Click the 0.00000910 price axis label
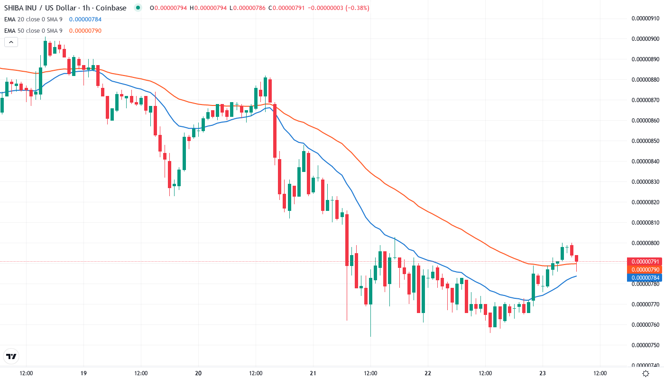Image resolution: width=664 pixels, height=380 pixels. tap(646, 19)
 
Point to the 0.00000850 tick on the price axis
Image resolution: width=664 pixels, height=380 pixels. tap(646, 141)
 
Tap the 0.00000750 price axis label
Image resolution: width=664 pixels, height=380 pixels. tap(646, 345)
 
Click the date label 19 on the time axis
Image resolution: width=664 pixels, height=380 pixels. tap(83, 373)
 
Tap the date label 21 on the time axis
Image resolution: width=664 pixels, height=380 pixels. tap(313, 373)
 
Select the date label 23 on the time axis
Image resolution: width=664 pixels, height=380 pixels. tap(543, 373)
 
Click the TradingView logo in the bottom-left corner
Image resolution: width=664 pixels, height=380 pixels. tap(11, 356)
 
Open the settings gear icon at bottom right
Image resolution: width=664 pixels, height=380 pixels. tap(646, 373)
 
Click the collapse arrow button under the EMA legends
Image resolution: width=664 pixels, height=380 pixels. tap(11, 42)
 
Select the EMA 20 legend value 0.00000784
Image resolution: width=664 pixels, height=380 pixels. tap(85, 19)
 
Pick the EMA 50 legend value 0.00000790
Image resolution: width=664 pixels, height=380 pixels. tap(85, 31)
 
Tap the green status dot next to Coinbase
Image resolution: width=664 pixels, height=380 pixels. tap(138, 8)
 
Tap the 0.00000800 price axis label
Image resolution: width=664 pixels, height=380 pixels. tap(646, 243)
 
